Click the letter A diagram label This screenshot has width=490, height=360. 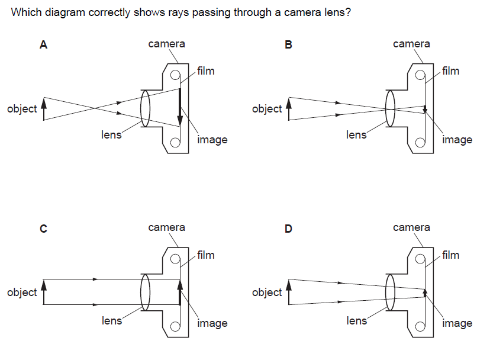click(43, 45)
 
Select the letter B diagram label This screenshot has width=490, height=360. click(288, 45)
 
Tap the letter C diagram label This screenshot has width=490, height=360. click(43, 229)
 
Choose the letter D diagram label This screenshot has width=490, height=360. click(288, 229)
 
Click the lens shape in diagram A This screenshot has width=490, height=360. click(145, 108)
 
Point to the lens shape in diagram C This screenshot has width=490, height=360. click(145, 291)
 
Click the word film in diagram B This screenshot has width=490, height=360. click(450, 71)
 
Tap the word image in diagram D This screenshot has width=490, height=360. click(457, 323)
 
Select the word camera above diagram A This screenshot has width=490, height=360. click(166, 44)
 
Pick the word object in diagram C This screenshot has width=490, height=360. click(22, 292)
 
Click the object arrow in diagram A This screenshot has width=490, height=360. click(43, 109)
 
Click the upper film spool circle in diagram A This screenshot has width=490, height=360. click(175, 75)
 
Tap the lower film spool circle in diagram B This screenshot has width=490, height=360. click(420, 142)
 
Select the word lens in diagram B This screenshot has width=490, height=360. click(356, 135)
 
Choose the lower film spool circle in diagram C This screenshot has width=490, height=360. click(175, 326)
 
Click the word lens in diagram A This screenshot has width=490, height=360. click(111, 135)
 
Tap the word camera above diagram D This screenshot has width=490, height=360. click(411, 227)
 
